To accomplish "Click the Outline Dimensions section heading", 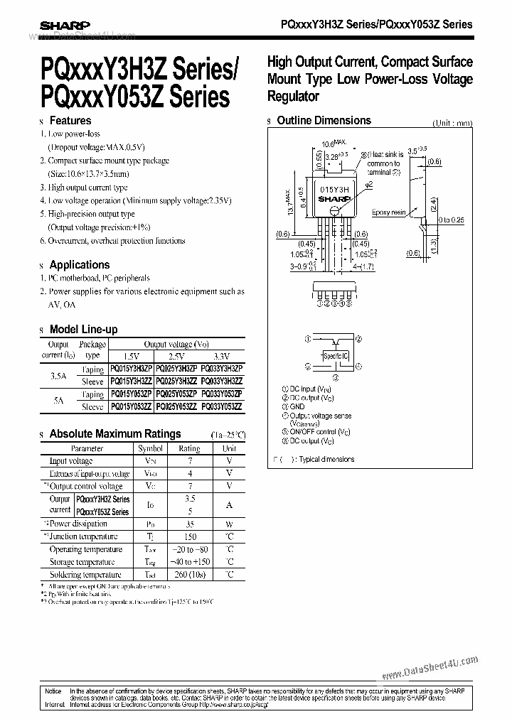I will point(324,121).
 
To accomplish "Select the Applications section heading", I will point(79,265).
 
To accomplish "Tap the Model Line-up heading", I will point(83,329).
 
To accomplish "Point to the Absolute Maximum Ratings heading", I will point(114,433).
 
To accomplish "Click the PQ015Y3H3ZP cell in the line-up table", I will point(132,369).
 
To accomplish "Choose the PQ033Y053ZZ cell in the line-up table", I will point(221,406).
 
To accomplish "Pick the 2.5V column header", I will point(176,357).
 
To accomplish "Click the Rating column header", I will point(189,448).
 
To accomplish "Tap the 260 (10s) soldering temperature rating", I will point(189,574).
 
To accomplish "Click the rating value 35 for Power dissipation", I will point(189,524).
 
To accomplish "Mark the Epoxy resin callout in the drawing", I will point(388,212).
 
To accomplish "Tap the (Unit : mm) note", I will point(452,122).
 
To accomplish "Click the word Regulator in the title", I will point(293,97).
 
